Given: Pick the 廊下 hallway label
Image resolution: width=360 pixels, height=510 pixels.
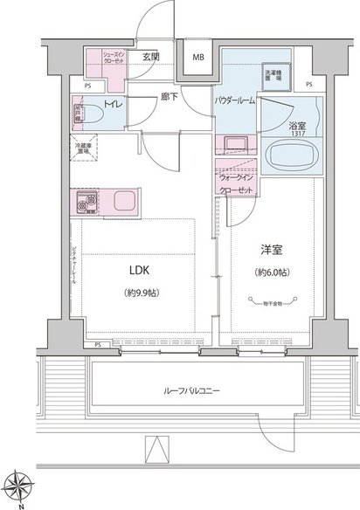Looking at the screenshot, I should tap(170, 97).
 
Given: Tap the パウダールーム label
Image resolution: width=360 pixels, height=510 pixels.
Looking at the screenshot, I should tap(236, 101).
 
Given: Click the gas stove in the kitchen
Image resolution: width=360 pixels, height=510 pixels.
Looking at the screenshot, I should tap(90, 203).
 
